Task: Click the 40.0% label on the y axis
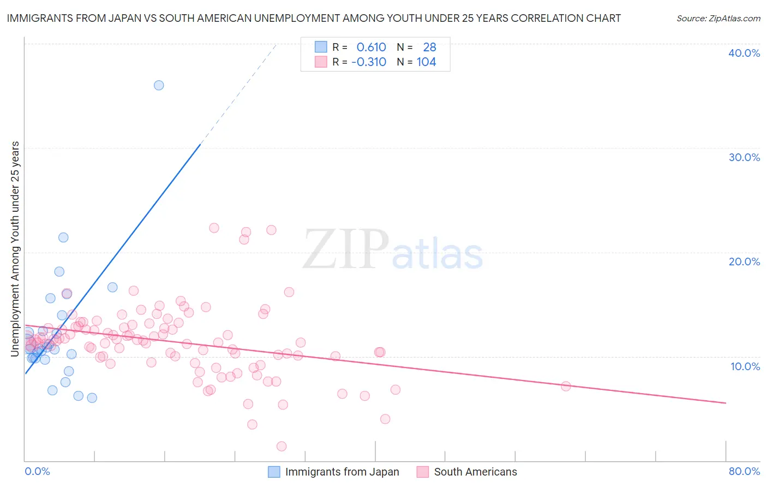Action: pos(744,53)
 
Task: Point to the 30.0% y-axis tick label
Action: pos(744,157)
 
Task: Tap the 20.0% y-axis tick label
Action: pos(744,262)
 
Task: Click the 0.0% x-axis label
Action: pos(37,471)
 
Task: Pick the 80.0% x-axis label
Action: pos(744,471)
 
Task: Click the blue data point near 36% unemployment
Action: pos(159,85)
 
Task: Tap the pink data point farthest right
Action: pos(566,386)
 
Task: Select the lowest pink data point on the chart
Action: pos(281,447)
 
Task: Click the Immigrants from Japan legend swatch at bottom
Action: pos(274,472)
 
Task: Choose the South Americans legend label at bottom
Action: pos(475,472)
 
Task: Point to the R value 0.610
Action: pos(371,47)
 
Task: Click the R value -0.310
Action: pos(369,62)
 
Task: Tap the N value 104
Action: pos(426,62)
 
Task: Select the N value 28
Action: pos(429,47)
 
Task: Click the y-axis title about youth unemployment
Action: pos(15,249)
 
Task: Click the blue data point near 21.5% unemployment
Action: pos(63,237)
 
